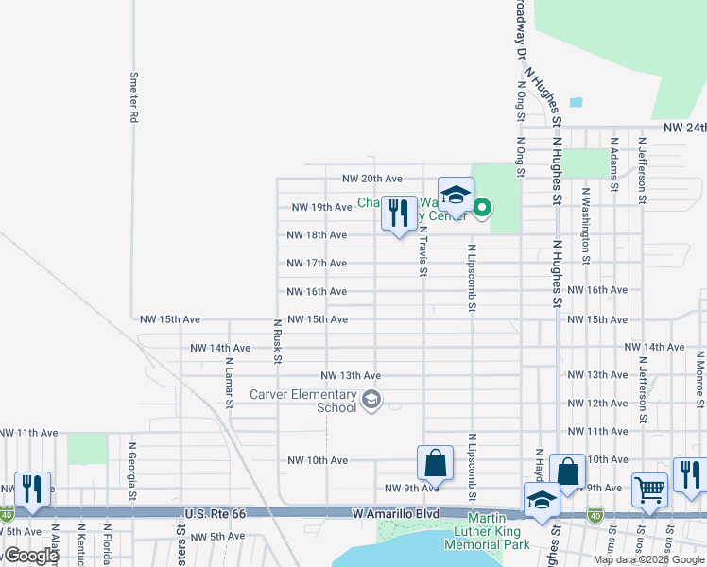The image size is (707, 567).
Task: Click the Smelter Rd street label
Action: (134, 98)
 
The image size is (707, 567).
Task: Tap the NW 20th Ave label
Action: (372, 179)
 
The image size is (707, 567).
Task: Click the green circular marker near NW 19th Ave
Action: (482, 205)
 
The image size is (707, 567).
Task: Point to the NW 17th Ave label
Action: (317, 263)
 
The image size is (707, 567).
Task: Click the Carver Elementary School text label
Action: (303, 401)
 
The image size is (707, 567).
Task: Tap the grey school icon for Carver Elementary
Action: (371, 402)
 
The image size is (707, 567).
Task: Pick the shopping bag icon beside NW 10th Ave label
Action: (435, 462)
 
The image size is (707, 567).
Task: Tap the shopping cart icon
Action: (649, 490)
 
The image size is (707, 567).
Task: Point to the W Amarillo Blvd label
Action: (390, 513)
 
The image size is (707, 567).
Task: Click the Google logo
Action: (31, 555)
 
